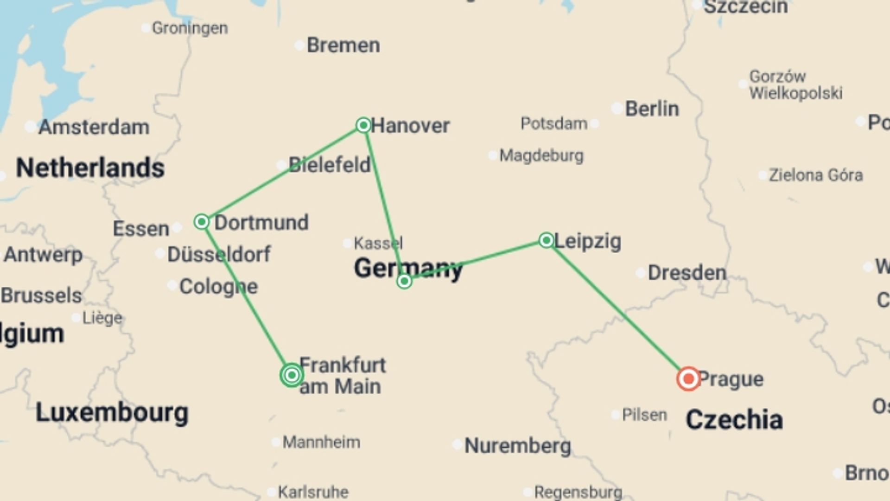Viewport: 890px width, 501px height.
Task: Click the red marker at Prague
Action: click(688, 379)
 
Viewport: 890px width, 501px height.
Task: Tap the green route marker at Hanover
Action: click(363, 125)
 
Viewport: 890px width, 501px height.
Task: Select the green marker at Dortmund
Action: click(202, 222)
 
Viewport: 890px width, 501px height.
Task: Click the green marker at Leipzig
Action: click(547, 240)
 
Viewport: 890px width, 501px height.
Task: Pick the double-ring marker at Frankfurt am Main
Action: click(292, 375)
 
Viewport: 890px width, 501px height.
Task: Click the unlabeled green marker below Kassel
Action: click(404, 281)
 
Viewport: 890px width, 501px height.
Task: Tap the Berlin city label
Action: click(652, 109)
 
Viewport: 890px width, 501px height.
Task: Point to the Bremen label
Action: click(343, 45)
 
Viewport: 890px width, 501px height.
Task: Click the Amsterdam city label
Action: click(94, 127)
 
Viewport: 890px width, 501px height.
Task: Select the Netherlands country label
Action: click(90, 168)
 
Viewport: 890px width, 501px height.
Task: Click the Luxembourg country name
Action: click(112, 412)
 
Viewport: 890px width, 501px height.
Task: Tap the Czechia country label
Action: click(734, 420)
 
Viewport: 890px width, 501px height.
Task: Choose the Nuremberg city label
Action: click(517, 446)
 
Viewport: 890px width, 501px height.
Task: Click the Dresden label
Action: click(687, 273)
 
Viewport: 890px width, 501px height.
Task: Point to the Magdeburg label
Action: click(541, 155)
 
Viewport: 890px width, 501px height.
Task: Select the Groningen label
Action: click(190, 28)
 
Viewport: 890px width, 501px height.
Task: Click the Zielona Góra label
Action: click(815, 175)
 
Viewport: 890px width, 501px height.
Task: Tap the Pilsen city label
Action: click(644, 415)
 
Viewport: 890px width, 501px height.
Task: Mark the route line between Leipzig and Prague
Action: click(617, 309)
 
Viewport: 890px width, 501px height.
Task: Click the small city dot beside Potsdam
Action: click(595, 124)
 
